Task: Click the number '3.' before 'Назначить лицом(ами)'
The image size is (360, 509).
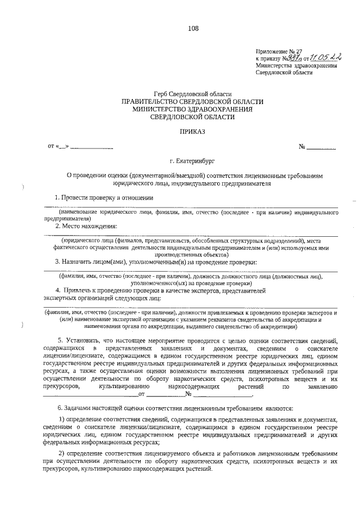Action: point(57,262)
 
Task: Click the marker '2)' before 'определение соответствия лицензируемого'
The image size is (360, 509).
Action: point(62,453)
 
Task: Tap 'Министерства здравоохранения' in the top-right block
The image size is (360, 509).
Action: point(296,65)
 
